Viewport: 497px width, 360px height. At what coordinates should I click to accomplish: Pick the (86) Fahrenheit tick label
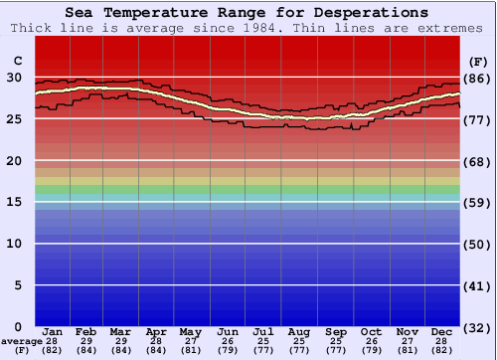478,78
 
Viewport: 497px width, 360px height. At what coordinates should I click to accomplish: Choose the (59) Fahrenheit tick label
478,202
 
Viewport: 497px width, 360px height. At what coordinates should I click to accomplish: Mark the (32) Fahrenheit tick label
478,327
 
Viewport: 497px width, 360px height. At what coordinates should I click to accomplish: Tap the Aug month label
299,331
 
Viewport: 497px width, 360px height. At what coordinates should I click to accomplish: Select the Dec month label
443,331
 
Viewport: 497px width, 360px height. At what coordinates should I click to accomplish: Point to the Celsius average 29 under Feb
86,341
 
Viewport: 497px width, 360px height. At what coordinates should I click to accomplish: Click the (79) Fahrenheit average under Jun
228,350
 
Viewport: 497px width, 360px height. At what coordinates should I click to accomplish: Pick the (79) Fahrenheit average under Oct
371,350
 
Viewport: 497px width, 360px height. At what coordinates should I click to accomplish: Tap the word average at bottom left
22,341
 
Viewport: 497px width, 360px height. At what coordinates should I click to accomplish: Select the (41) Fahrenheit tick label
478,285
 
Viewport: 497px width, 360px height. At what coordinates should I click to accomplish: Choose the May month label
191,331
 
